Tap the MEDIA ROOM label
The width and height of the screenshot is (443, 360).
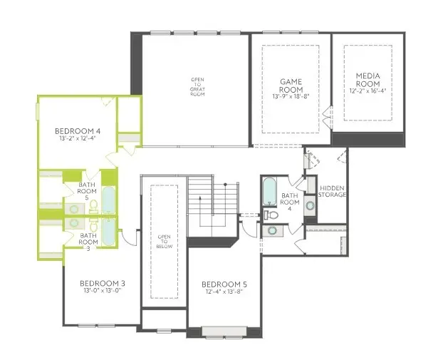[x=368, y=79]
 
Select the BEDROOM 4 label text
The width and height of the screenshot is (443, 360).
[x=78, y=131]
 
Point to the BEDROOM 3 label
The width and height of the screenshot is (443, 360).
[x=103, y=283]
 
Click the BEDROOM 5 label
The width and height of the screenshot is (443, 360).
[x=224, y=283]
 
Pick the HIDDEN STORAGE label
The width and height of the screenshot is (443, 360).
[x=332, y=191]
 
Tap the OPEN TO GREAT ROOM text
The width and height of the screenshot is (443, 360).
[x=197, y=86]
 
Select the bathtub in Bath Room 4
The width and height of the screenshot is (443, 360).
[x=270, y=190]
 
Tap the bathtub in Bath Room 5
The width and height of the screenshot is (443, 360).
[x=108, y=200]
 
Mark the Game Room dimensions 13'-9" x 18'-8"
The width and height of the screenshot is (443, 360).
[x=292, y=96]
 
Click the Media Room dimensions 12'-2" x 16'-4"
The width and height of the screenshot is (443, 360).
[x=368, y=91]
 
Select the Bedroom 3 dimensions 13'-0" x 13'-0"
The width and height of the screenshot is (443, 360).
[x=103, y=291]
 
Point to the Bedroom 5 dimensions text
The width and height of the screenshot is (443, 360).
[x=224, y=291]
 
